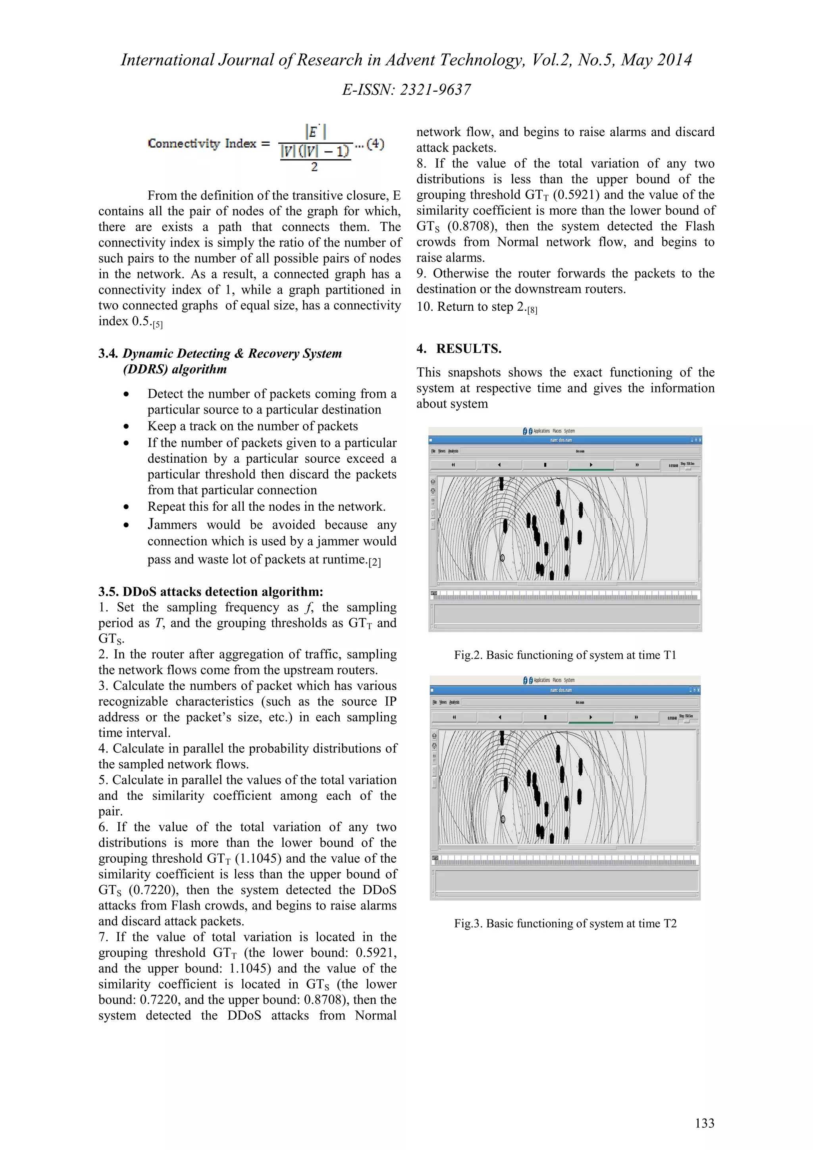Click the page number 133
pos(704,1123)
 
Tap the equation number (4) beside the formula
pos(375,144)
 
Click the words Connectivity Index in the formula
pos(202,144)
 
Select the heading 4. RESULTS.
pos(459,348)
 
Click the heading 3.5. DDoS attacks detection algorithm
pos(210,592)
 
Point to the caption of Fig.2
pos(564,655)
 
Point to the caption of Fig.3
pos(564,923)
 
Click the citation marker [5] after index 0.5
pos(158,325)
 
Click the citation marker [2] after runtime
pos(374,562)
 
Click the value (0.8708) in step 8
pos(471,227)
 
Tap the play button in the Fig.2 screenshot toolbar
pos(591,465)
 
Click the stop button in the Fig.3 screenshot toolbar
pos(545,717)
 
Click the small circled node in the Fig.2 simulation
pos(503,558)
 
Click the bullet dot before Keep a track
pos(126,426)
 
